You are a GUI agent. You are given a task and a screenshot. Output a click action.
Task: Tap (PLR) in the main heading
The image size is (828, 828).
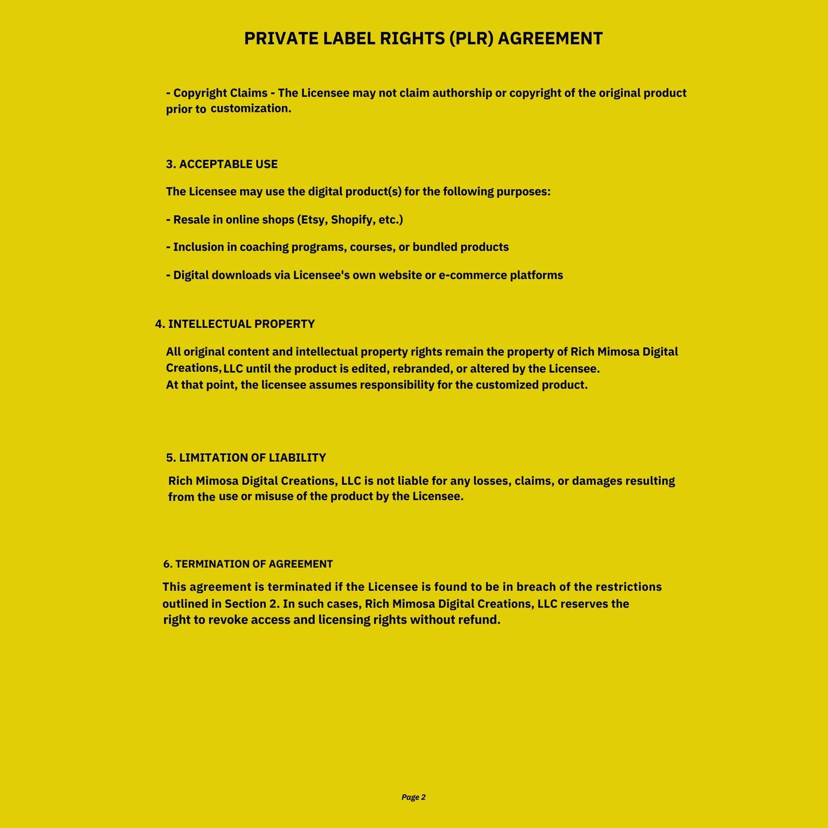(472, 38)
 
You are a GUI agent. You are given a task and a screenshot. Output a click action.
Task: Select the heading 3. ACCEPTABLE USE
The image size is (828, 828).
(222, 164)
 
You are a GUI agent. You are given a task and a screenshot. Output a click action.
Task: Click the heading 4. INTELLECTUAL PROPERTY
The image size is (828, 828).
(235, 324)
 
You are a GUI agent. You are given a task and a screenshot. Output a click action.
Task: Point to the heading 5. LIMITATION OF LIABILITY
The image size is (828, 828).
(246, 458)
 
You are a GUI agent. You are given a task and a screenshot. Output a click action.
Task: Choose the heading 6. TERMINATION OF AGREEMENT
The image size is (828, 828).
(248, 564)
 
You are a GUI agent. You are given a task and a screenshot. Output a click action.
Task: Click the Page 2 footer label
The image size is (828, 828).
(413, 797)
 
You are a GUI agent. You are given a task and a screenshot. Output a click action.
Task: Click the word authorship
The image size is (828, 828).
(462, 93)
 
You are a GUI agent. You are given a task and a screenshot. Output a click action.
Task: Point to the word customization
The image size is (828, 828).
(250, 108)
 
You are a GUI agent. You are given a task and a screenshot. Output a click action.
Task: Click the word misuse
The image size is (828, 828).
(274, 496)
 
